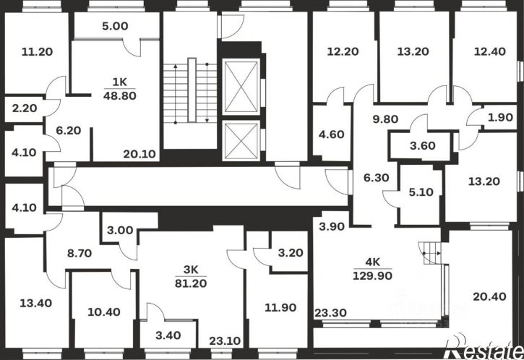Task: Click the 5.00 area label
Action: coord(116,26)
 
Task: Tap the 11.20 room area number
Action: coord(37,52)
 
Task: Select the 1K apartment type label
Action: coord(120,82)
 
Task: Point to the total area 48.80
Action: coord(120,96)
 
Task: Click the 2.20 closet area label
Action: coord(25,108)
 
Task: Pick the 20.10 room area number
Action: coord(139,154)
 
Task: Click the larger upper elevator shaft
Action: coord(241,87)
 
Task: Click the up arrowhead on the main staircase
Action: coord(176,67)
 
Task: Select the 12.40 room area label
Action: coord(490,51)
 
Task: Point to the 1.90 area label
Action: coord(500,117)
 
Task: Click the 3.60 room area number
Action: coord(423,146)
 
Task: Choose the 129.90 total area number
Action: coord(373,275)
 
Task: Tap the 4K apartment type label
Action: coord(373,262)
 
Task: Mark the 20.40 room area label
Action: coord(489,296)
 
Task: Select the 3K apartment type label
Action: coord(191,269)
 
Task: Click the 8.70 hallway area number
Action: coord(80,253)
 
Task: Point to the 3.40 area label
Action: coord(168,335)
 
